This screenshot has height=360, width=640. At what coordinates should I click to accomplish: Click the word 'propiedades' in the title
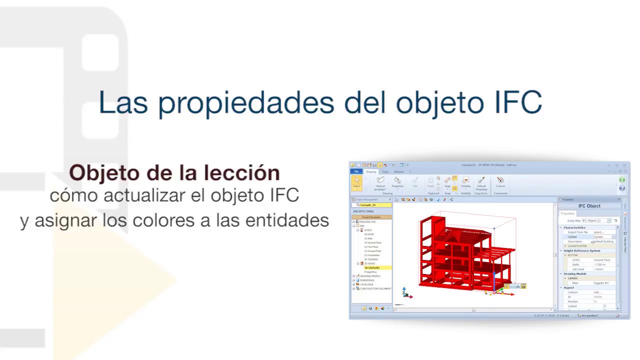click(246, 103)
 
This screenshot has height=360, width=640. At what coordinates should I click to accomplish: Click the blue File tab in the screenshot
click(356, 171)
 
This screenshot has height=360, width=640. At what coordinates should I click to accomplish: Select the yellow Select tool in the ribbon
click(356, 182)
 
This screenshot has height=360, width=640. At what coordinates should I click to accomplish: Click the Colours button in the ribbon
click(500, 182)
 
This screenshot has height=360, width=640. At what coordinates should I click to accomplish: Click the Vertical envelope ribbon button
click(380, 183)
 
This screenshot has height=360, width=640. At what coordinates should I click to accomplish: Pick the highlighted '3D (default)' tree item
click(372, 268)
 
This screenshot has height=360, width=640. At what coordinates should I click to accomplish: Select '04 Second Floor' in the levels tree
click(373, 243)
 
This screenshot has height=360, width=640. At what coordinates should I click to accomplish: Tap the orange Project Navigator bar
click(371, 217)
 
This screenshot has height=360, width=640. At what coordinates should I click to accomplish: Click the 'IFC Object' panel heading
click(589, 206)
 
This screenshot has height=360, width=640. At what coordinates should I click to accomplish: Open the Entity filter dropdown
click(609, 220)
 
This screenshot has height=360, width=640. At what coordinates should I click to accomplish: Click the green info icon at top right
click(622, 180)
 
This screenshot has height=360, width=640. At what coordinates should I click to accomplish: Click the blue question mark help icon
click(622, 188)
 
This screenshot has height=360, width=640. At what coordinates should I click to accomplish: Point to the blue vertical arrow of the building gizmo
click(494, 278)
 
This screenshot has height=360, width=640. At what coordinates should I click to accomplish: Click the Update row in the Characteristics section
click(572, 237)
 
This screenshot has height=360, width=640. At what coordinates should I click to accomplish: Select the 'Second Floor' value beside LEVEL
click(602, 260)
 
